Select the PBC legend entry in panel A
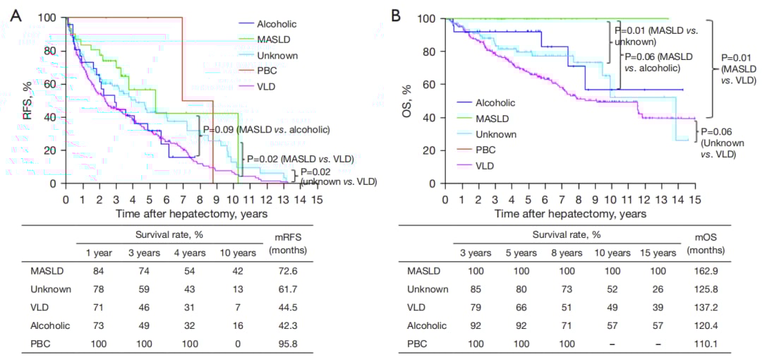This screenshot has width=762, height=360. point(265,71)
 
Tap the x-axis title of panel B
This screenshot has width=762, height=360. point(570,213)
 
